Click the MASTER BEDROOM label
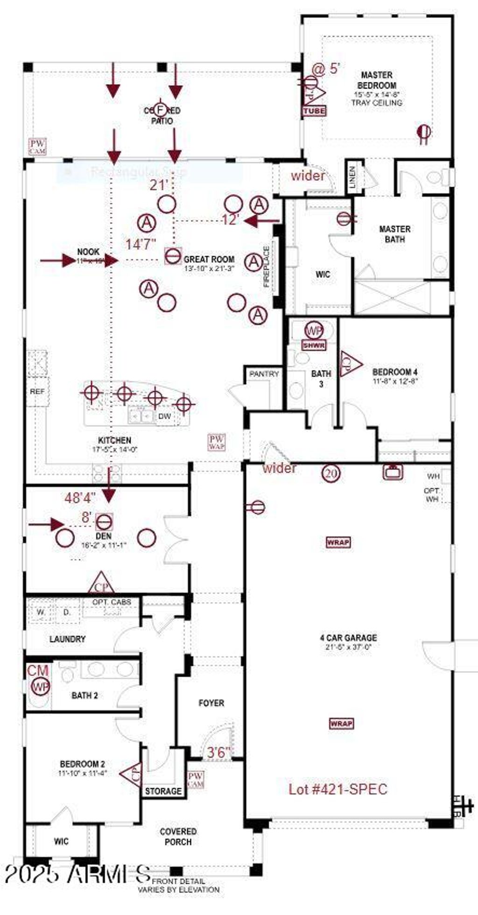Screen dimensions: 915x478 pyautogui.click(x=377, y=80)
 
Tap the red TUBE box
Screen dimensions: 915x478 pyautogui.click(x=314, y=111)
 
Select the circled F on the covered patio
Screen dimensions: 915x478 pyautogui.click(x=161, y=110)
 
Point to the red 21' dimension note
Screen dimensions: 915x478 pyautogui.click(x=159, y=185)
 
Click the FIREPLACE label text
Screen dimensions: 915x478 pyautogui.click(x=267, y=267)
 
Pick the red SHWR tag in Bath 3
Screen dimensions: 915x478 pyautogui.click(x=314, y=346)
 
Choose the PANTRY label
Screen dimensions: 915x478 pyautogui.click(x=264, y=374)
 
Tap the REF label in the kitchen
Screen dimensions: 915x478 pyautogui.click(x=37, y=391)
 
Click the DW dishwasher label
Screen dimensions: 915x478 pyautogui.click(x=164, y=416)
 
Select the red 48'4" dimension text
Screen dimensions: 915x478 pyautogui.click(x=80, y=498)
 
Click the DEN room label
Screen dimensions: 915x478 pyautogui.click(x=104, y=536)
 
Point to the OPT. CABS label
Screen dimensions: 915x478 pyautogui.click(x=112, y=602)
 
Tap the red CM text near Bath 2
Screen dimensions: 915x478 pyautogui.click(x=38, y=671)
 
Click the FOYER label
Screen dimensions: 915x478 pyautogui.click(x=211, y=703)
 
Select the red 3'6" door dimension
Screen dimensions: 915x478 pyautogui.click(x=219, y=753)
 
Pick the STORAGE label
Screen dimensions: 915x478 pyautogui.click(x=163, y=791)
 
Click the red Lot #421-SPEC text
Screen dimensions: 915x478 pyautogui.click(x=338, y=789)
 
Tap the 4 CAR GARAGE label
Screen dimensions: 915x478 pyautogui.click(x=348, y=638)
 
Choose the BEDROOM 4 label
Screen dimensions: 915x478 pyautogui.click(x=395, y=372)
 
